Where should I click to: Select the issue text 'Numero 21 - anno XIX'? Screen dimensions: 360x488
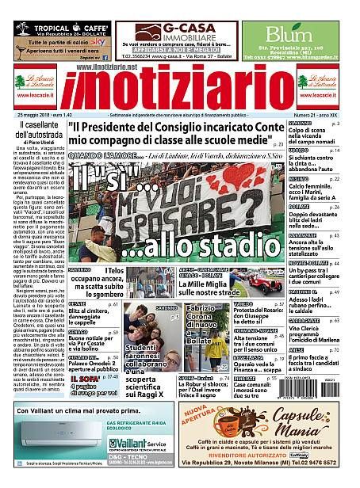[312, 115]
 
